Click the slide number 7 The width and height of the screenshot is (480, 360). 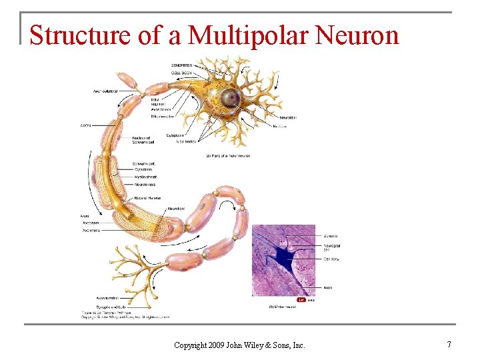pyautogui.click(x=449, y=345)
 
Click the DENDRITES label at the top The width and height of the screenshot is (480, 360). pyautogui.click(x=182, y=65)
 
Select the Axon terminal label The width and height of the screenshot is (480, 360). pyautogui.click(x=107, y=297)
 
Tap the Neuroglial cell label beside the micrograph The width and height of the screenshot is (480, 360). pyautogui.click(x=331, y=248)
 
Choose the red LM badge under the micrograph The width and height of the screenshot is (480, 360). pyautogui.click(x=301, y=300)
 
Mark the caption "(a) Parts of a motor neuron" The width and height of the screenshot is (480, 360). pyautogui.click(x=228, y=156)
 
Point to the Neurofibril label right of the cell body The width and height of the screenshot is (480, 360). pyautogui.click(x=284, y=117)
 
